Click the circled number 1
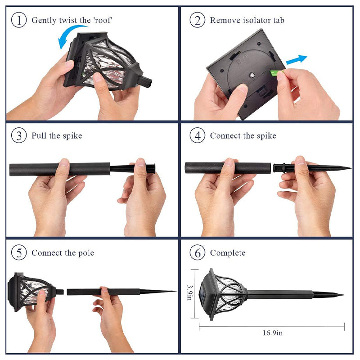click(19, 20)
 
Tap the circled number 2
click(197, 20)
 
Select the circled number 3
click(19, 135)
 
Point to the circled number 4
click(197, 135)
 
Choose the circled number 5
click(19, 252)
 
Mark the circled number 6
click(197, 252)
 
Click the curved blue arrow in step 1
click(67, 32)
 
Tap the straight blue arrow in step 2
click(297, 60)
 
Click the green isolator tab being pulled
click(275, 73)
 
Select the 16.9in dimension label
click(273, 333)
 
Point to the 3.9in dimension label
click(189, 292)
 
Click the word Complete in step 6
click(228, 253)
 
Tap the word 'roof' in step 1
click(103, 20)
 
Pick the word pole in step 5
click(86, 253)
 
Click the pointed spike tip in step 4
click(351, 168)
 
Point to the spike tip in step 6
click(343, 295)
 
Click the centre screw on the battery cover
click(252, 75)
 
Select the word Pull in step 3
click(39, 135)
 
